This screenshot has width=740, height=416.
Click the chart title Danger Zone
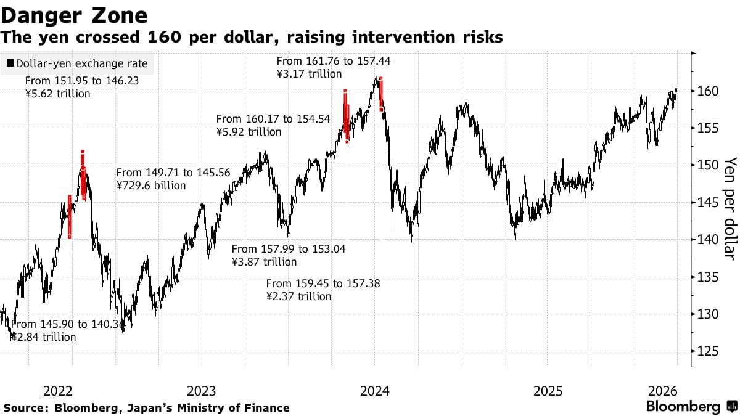point(74,15)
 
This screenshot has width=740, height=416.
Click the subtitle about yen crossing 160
point(252,38)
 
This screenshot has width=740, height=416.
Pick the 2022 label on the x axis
point(59,391)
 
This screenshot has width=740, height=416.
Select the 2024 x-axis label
point(374,391)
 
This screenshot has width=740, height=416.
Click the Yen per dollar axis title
point(730,208)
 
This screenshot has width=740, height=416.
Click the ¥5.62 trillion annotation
point(58,94)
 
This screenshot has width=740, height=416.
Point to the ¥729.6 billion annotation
point(151,185)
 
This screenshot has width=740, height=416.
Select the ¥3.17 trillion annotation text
point(309,74)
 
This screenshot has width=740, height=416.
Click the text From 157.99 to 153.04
point(289,249)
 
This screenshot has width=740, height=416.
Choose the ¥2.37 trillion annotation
point(298,296)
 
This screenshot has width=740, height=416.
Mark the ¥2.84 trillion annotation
point(43,337)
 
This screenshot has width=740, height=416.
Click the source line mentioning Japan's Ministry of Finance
point(146,407)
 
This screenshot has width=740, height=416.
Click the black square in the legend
point(10,63)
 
